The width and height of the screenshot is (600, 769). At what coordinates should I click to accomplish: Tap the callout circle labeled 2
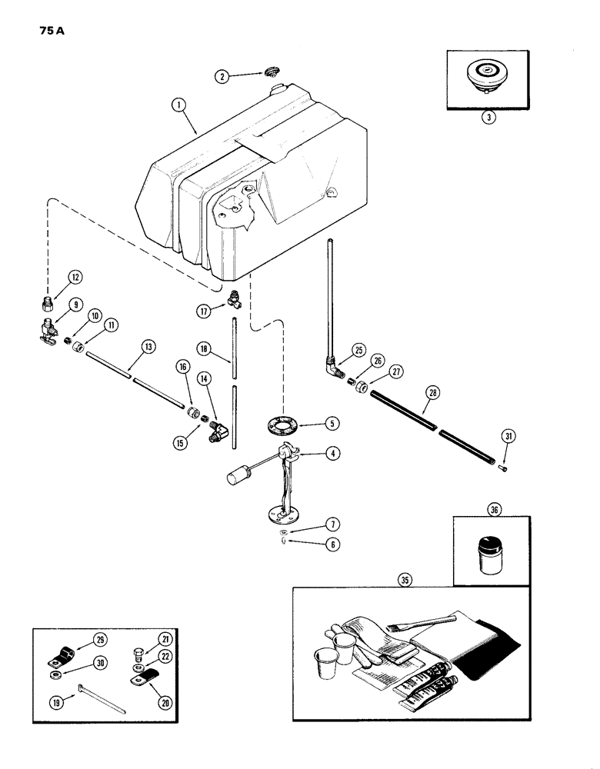coord(221,75)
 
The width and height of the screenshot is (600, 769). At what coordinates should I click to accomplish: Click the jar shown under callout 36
coord(489,548)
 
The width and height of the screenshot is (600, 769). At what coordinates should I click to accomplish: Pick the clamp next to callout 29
coord(61,658)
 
